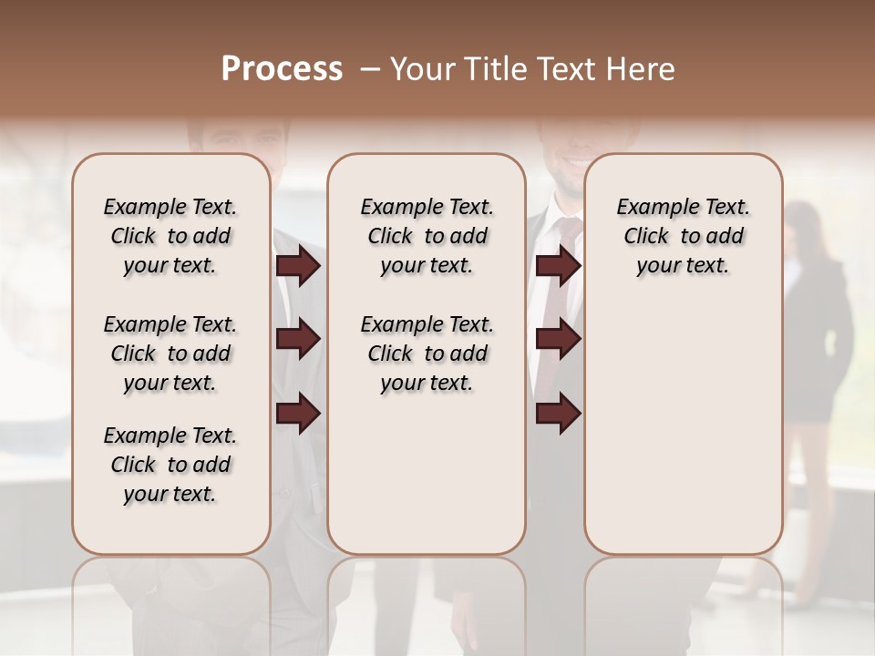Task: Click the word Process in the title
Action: [x=282, y=69]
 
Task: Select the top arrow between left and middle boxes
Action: [x=298, y=266]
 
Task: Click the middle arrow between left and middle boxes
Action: [x=298, y=340]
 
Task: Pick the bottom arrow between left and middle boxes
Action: [x=298, y=414]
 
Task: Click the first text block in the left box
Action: [x=170, y=236]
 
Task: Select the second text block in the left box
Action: [x=170, y=354]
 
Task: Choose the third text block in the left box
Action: [x=170, y=465]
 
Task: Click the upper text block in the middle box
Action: [x=427, y=236]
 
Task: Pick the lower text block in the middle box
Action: [x=427, y=354]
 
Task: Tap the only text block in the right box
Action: [x=683, y=236]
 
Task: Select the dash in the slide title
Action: [x=369, y=69]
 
